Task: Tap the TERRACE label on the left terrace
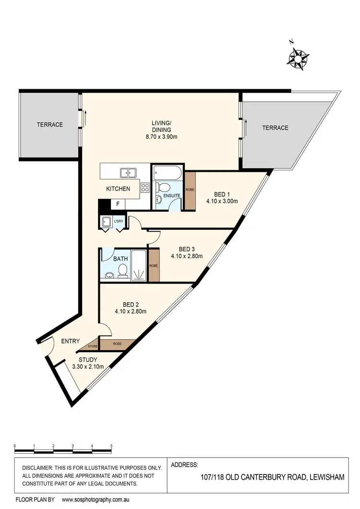point(50,125)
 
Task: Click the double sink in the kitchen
point(128,172)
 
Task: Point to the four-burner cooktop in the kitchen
point(145,188)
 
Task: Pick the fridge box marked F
point(118,204)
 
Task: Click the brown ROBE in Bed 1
point(190,190)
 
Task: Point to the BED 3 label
point(187,249)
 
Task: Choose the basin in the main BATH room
point(110,275)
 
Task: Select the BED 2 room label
point(131,304)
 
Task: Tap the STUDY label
point(88,359)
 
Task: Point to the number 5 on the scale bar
point(111,446)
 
